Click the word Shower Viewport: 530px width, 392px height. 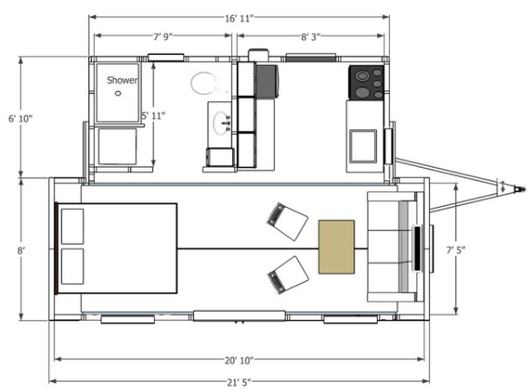122,80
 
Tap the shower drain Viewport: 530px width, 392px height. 118,93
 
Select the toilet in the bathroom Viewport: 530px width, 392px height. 205,83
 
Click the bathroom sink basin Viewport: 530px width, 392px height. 221,123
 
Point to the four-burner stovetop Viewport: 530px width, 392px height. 366,83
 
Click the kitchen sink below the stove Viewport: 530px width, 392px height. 363,146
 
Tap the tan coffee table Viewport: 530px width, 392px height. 336,247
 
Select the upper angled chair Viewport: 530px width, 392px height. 287,222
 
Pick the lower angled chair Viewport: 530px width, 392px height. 288,275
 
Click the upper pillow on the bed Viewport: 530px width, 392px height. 72,226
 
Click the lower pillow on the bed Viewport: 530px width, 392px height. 72,266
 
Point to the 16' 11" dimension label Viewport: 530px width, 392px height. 239,18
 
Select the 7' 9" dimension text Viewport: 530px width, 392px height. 163,36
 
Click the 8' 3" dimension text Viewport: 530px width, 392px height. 311,36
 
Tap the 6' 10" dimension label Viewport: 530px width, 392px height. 21,119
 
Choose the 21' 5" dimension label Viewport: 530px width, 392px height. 239,382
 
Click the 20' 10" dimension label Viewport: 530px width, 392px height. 239,360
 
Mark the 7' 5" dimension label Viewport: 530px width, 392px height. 456,250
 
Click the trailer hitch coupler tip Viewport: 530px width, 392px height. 524,189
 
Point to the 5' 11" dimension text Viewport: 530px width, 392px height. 154,116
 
